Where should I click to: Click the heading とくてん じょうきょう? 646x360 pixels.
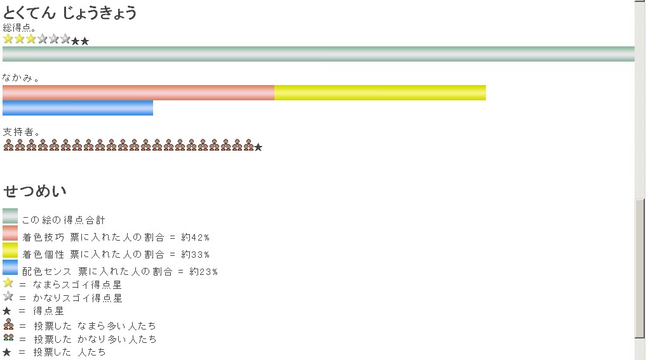pos(70,12)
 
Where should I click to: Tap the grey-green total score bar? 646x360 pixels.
pos(318,54)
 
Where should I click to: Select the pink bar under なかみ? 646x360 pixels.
pos(138,93)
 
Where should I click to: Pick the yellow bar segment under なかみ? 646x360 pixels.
pos(380,93)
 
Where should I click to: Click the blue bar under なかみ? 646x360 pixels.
pos(77,108)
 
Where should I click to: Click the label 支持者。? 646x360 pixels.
pos(22,132)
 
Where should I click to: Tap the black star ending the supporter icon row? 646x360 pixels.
pos(258,147)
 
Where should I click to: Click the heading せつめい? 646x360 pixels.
pos(35,191)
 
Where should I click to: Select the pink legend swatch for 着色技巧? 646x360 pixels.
pos(10,233)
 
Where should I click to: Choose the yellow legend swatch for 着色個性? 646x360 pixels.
pos(10,250)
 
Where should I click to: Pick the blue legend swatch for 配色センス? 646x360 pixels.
pos(10,267)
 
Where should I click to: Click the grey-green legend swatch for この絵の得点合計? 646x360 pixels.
pos(10,216)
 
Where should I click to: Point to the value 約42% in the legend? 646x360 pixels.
pos(195,237)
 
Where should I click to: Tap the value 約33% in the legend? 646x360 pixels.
pos(195,255)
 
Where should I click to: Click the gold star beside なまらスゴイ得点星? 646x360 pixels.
pos(8,283)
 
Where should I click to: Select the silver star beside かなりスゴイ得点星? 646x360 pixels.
pos(8,296)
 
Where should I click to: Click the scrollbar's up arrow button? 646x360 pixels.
pos(640,4)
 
